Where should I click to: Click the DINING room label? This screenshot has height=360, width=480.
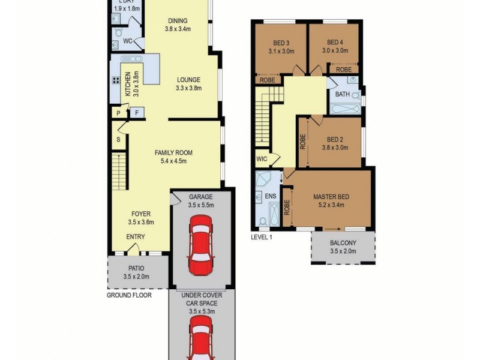point(178,20)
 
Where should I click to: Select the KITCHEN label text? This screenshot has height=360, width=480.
point(128,84)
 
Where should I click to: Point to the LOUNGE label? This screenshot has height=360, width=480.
point(188,80)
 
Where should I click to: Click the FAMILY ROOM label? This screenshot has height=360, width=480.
point(172,152)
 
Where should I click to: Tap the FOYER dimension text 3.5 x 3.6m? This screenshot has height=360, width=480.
point(141,222)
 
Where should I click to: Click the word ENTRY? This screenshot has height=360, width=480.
point(136,236)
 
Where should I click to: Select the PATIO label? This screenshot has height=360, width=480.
point(136,268)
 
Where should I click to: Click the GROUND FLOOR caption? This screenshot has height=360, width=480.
point(129,295)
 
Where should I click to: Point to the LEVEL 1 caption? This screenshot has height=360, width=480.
point(262,238)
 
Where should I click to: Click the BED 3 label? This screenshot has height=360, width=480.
point(281,43)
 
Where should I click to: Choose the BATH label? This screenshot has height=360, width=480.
point(343,94)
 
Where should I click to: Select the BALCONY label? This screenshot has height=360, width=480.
point(343,243)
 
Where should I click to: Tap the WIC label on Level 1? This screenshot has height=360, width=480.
point(261,159)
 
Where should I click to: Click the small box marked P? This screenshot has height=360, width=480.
point(118,112)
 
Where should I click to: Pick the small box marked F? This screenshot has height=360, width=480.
point(137,112)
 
